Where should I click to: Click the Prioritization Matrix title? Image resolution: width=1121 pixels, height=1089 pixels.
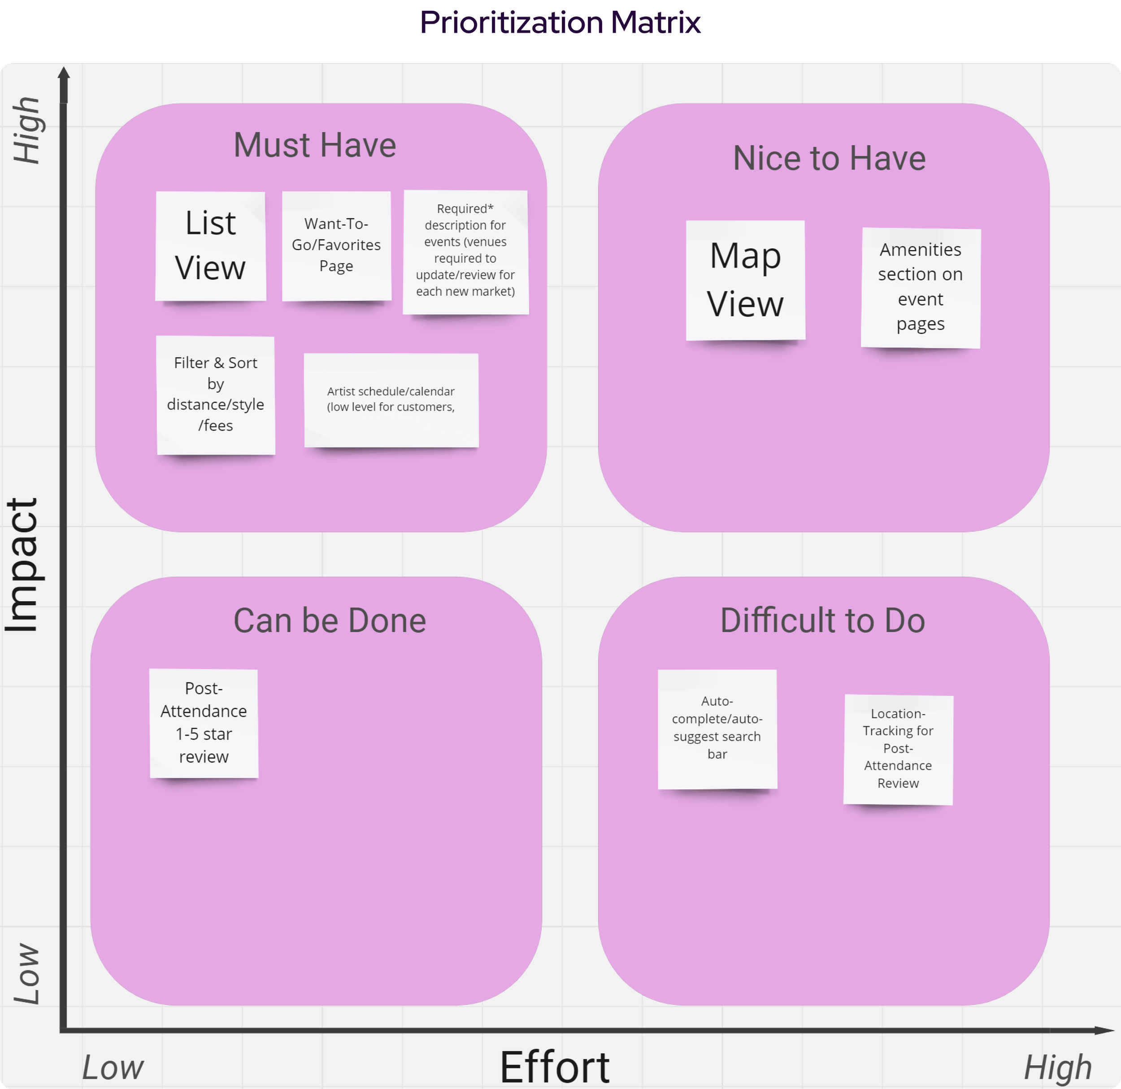tap(560, 23)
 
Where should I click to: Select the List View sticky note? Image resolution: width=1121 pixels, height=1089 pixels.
tap(210, 246)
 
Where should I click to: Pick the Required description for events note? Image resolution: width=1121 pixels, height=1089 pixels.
tap(465, 251)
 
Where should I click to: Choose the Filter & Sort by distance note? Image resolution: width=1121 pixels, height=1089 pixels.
tap(216, 395)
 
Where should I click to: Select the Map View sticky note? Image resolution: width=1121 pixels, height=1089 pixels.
tap(745, 280)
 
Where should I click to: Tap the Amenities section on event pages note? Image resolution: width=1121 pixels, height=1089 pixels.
tap(921, 287)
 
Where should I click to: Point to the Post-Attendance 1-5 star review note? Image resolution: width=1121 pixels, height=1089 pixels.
tap(204, 723)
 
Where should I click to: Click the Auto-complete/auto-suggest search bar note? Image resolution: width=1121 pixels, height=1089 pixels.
tap(717, 729)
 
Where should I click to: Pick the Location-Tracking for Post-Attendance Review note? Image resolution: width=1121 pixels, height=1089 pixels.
tap(898, 749)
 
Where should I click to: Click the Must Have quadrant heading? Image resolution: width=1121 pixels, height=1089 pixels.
tap(315, 145)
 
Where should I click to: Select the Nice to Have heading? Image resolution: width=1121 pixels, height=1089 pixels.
tap(829, 158)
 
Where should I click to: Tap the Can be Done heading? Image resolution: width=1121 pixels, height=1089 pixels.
tap(330, 620)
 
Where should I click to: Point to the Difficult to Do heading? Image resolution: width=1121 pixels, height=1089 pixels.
tap(822, 620)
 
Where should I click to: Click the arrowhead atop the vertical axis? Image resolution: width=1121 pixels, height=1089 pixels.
tap(64, 73)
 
